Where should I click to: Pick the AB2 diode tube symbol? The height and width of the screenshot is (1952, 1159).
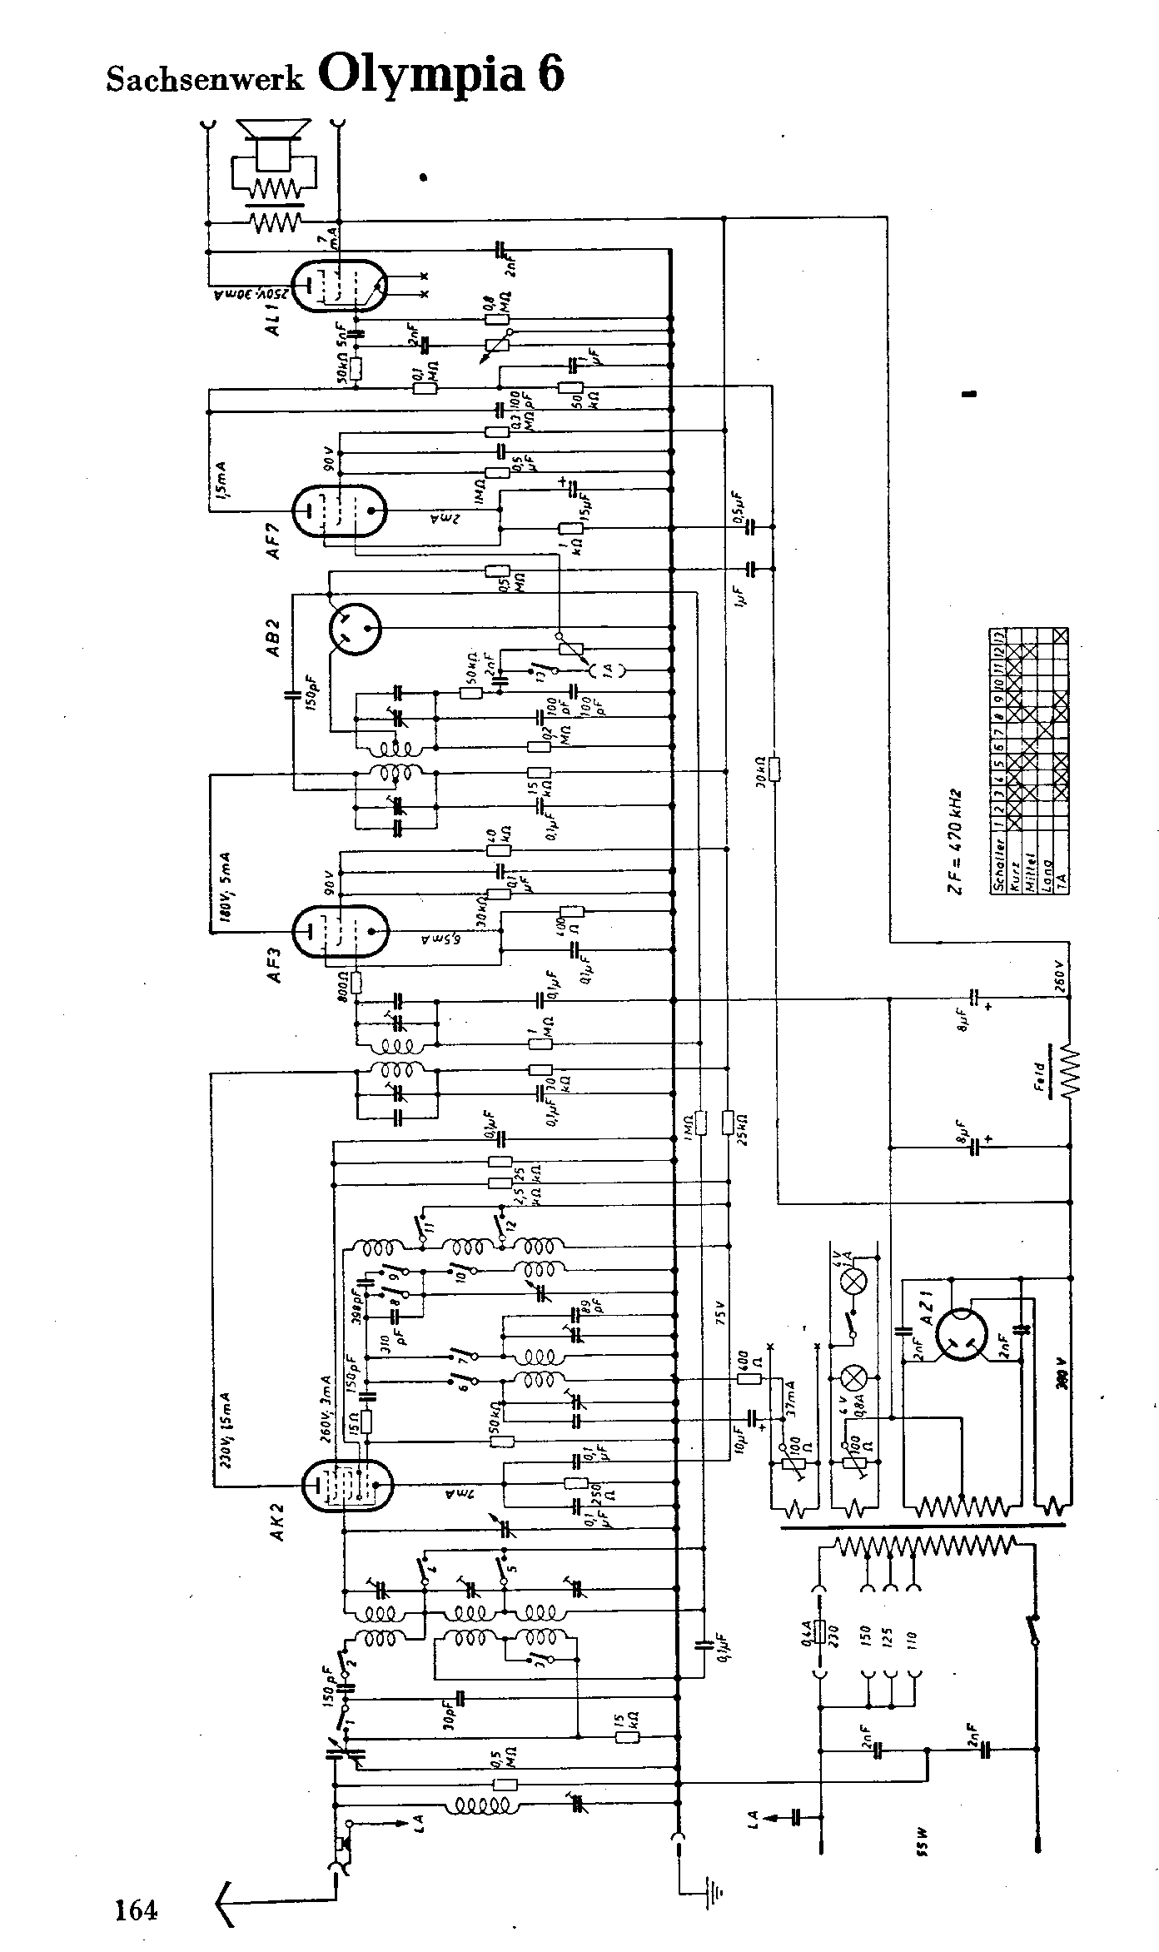[355, 626]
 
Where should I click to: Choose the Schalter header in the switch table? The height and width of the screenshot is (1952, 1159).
[998, 863]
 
